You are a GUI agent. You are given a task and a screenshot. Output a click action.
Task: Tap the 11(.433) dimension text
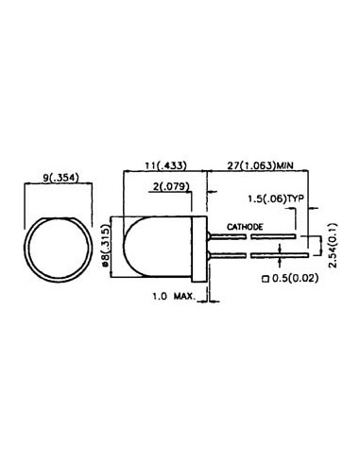coord(157,164)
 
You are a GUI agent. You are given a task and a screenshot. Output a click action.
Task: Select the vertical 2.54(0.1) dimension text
coord(333,245)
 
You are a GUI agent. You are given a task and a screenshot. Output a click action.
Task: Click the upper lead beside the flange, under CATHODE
coord(226,237)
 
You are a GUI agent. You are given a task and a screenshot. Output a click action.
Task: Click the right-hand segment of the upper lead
coord(277,237)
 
